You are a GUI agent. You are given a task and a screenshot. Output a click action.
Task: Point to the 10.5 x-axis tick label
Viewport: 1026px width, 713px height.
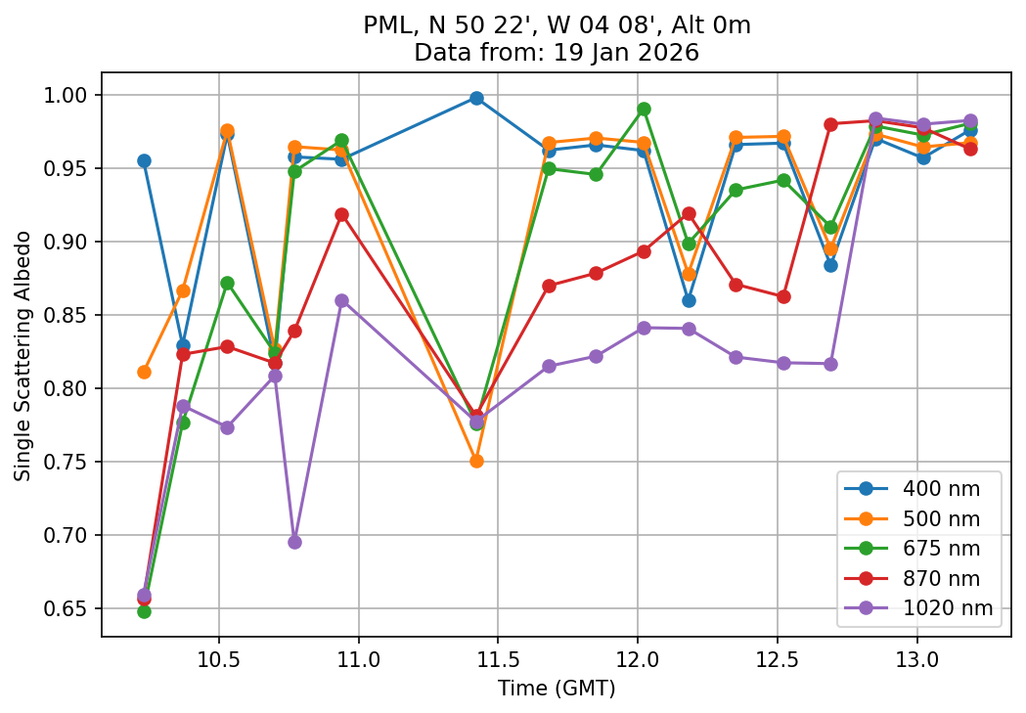[x=219, y=657]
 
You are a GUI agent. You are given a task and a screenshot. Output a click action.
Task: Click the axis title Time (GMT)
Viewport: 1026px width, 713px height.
[x=557, y=689]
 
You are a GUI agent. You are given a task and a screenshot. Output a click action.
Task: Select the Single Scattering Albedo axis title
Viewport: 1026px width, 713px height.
[x=23, y=355]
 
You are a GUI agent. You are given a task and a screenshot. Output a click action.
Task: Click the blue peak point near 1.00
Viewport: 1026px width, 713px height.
[x=476, y=98]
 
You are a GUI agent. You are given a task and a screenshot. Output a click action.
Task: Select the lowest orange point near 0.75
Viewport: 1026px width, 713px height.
[x=476, y=461]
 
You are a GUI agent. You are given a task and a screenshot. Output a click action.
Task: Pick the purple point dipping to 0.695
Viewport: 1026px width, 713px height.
[x=294, y=542]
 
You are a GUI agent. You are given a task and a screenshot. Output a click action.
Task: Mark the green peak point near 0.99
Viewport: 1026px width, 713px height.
[x=644, y=110]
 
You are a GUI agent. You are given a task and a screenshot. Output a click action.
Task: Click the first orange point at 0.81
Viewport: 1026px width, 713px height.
[x=144, y=372]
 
